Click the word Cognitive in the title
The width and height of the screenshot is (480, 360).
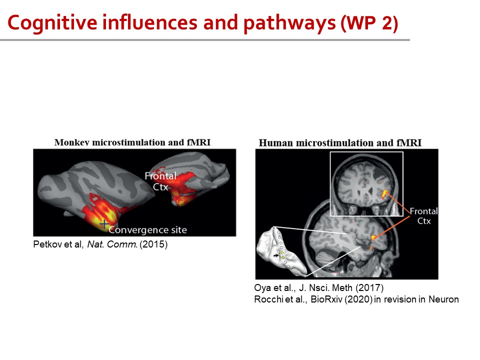(x=52, y=23)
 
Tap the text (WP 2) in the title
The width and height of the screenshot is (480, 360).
(x=369, y=23)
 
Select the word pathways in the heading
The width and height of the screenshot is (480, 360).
(x=289, y=23)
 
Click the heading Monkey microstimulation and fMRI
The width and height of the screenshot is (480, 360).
(x=132, y=142)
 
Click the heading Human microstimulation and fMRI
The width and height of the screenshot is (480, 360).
(x=340, y=143)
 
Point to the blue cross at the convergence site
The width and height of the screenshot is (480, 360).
(x=104, y=224)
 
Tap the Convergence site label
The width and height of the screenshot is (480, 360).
(x=147, y=230)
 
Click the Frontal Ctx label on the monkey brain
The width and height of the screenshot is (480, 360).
(x=160, y=181)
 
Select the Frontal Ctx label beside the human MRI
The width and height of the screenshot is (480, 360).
(x=423, y=216)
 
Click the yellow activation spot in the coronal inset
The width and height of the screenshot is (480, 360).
(x=384, y=193)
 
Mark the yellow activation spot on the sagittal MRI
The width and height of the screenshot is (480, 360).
(x=373, y=237)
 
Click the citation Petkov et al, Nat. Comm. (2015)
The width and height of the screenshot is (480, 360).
(x=100, y=244)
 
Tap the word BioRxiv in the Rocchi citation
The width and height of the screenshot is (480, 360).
(x=326, y=299)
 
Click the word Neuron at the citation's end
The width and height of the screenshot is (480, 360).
(x=443, y=299)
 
